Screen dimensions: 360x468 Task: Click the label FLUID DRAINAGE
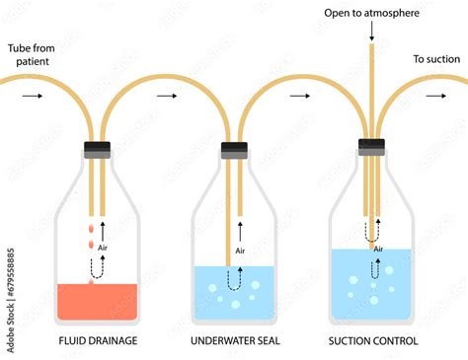click(96, 340)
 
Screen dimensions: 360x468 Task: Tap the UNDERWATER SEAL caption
click(233, 340)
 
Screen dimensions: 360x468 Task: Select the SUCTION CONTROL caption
click(372, 340)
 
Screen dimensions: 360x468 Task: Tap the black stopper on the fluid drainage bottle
click(96, 149)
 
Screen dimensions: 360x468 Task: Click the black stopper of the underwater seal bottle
click(233, 149)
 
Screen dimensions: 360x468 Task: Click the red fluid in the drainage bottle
click(96, 301)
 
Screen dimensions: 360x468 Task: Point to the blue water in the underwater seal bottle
click(233, 296)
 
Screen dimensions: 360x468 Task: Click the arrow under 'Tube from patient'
click(33, 97)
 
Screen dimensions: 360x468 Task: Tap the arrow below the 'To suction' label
click(432, 97)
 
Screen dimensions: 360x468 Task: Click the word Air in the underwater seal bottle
click(240, 251)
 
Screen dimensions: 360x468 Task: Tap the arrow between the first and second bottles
click(166, 97)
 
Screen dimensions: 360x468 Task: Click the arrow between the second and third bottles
click(299, 97)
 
